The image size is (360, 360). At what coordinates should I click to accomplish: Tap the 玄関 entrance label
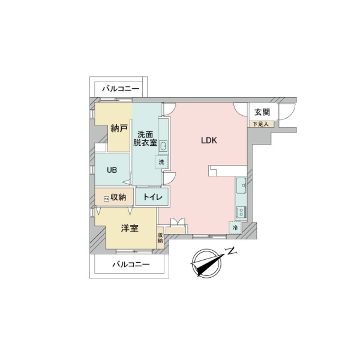click(262, 112)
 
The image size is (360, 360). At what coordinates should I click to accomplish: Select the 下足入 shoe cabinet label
click(262, 124)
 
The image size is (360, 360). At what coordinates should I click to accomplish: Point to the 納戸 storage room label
click(119, 128)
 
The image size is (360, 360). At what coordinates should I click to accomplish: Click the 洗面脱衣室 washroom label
click(146, 139)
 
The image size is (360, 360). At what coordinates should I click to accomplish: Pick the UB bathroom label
click(112, 169)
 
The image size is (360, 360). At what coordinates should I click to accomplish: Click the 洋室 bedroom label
click(130, 228)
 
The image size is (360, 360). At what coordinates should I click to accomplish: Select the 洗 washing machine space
click(161, 161)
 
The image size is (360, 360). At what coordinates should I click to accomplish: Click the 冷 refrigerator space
click(235, 227)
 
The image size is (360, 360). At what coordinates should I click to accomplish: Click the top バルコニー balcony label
click(120, 89)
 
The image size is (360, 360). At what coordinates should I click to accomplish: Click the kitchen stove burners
click(241, 211)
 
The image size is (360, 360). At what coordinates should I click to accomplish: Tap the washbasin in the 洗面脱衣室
click(164, 146)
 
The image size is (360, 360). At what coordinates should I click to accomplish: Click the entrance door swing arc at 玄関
click(285, 111)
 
